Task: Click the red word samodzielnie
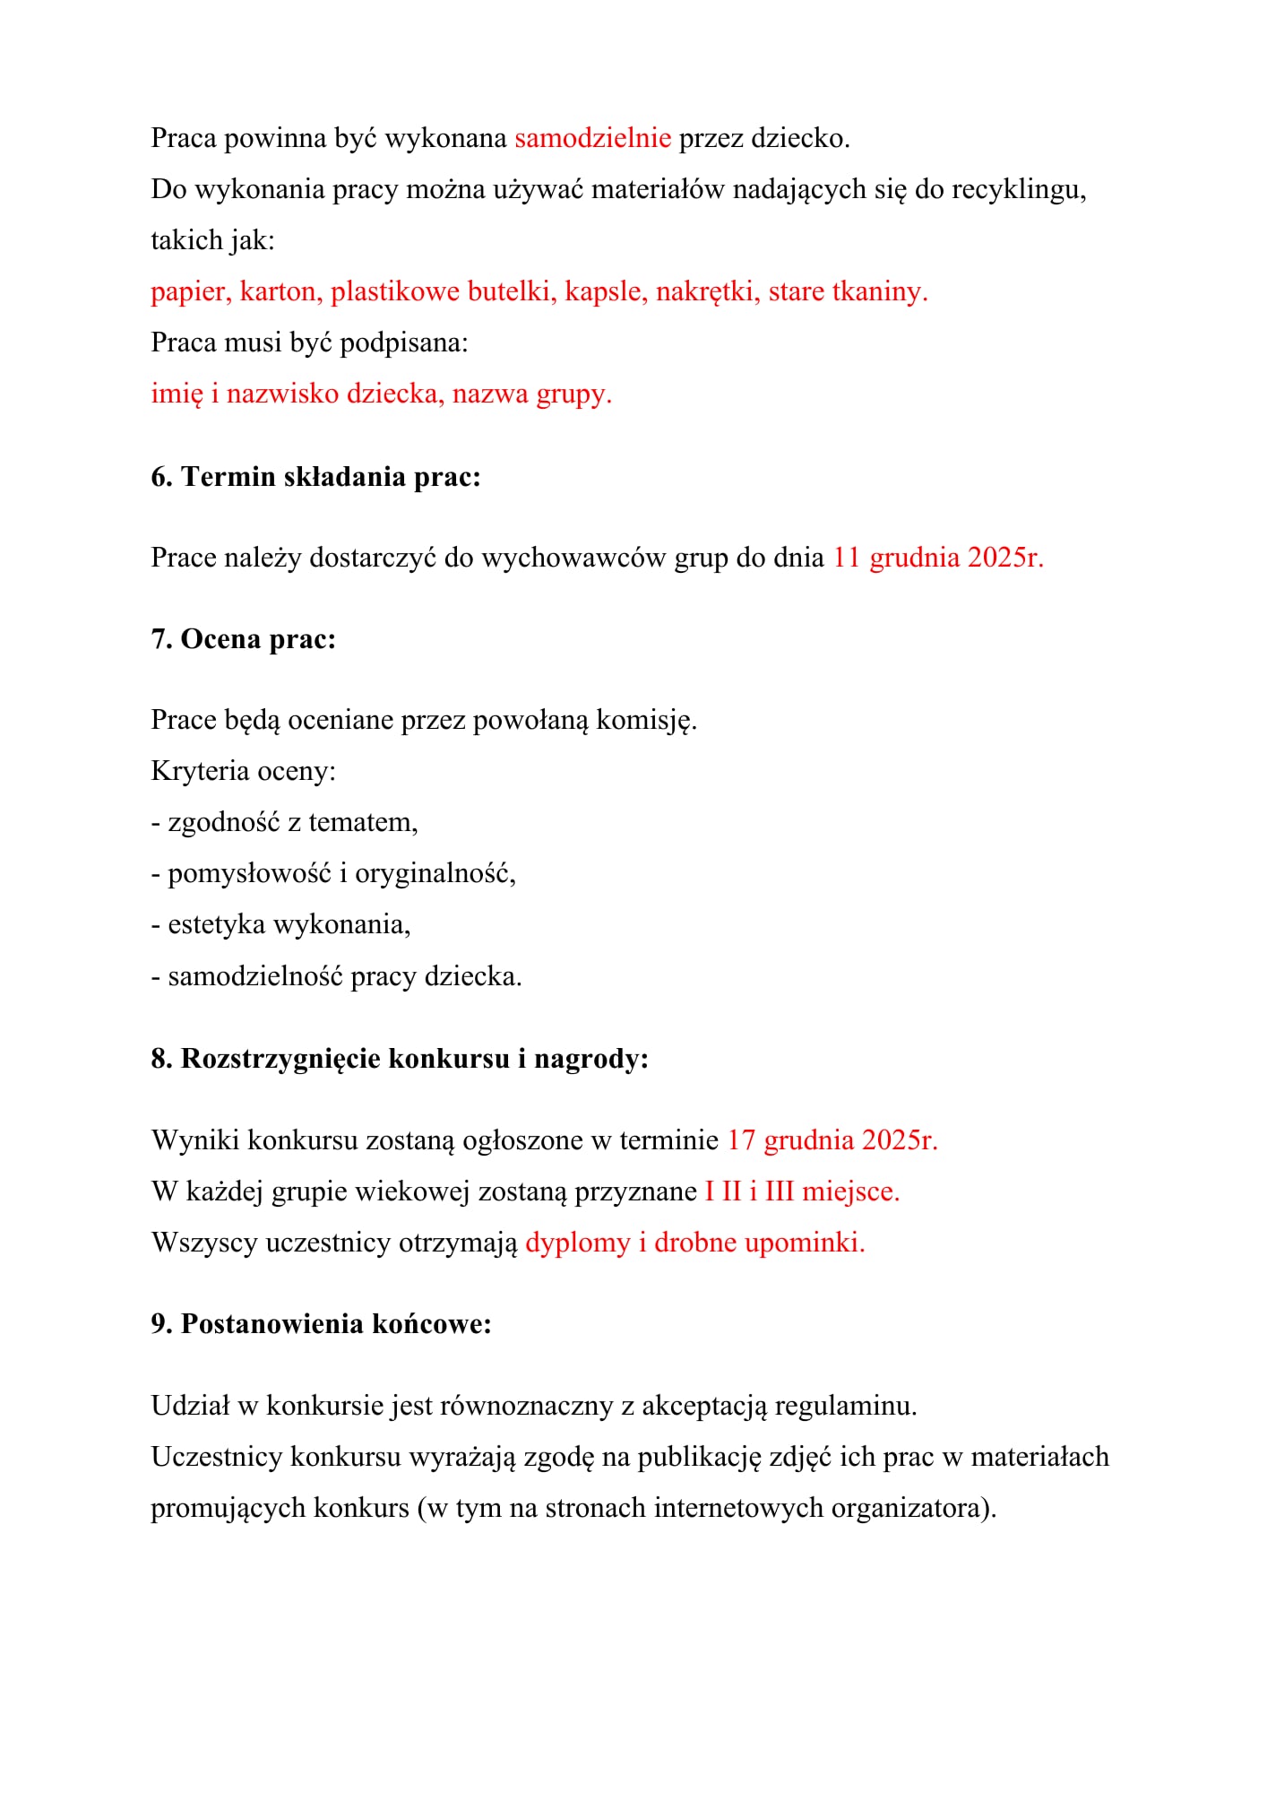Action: tap(592, 138)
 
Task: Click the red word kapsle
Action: tap(606, 292)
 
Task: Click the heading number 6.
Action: tap(161, 477)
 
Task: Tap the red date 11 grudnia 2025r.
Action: tap(938, 558)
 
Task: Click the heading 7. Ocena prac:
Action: tap(243, 639)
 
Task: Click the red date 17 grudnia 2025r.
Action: tap(832, 1140)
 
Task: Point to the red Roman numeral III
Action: tap(780, 1191)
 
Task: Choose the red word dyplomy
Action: tap(578, 1243)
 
